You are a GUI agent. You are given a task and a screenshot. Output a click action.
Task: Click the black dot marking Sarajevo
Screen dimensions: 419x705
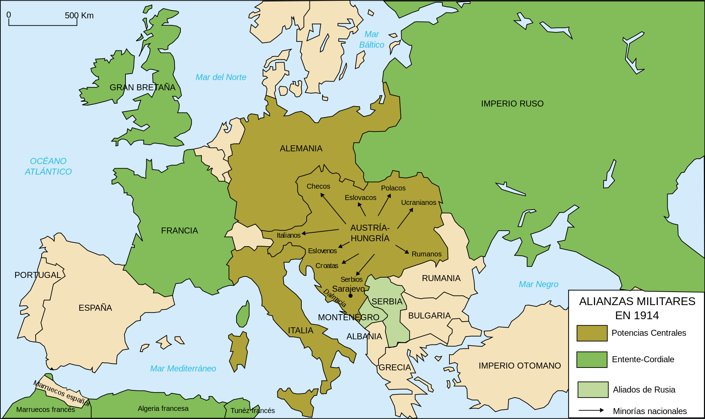tap(350, 296)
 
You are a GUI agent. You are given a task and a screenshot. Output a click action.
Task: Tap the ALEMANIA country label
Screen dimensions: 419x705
tap(301, 148)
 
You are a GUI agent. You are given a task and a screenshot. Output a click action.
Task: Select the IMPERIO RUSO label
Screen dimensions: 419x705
tap(512, 104)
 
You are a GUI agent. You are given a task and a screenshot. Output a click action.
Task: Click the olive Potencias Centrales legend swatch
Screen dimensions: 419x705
tap(592, 333)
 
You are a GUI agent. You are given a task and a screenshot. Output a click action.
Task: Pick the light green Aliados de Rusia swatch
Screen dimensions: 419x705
tap(593, 389)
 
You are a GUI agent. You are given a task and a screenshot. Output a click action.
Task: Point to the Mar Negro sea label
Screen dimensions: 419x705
tap(538, 284)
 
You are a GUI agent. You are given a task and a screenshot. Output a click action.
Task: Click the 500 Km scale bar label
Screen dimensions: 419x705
tap(79, 16)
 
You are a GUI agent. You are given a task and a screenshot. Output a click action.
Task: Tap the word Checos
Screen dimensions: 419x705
tap(318, 186)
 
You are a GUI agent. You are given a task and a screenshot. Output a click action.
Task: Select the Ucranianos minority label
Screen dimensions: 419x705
tap(418, 202)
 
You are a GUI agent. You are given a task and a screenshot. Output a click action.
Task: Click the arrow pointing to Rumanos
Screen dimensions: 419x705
tap(402, 249)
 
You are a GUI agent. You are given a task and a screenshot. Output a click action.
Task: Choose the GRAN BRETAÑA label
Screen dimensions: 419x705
tap(142, 87)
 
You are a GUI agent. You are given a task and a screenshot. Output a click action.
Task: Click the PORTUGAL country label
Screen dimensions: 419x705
tap(38, 275)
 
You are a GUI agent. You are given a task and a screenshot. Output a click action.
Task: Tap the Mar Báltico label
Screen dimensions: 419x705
tap(372, 40)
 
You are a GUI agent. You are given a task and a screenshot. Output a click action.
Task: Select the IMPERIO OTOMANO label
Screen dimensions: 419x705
tap(520, 366)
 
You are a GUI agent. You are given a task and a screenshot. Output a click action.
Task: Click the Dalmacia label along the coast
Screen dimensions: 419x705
tap(335, 298)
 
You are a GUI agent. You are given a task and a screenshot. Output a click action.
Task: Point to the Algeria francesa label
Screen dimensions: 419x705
tap(163, 408)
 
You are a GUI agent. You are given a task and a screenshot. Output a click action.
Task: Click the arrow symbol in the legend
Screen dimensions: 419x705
tap(591, 410)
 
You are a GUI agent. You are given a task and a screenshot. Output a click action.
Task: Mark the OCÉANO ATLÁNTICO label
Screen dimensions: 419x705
tap(48, 166)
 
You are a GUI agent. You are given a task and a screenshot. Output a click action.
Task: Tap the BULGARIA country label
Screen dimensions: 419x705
tap(429, 316)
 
